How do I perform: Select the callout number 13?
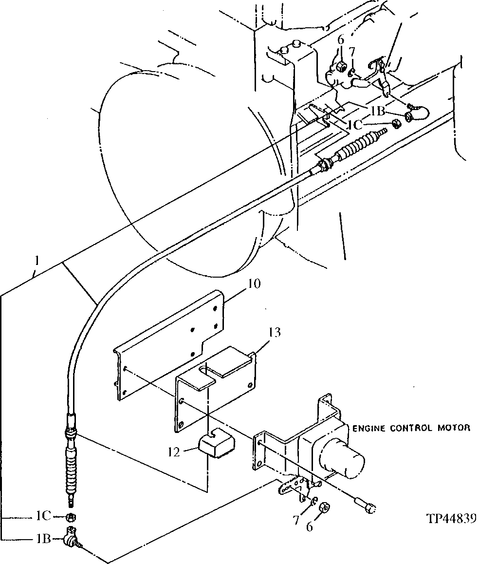(275, 333)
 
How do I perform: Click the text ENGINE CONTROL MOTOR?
(411, 428)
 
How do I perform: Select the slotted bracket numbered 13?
(214, 385)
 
